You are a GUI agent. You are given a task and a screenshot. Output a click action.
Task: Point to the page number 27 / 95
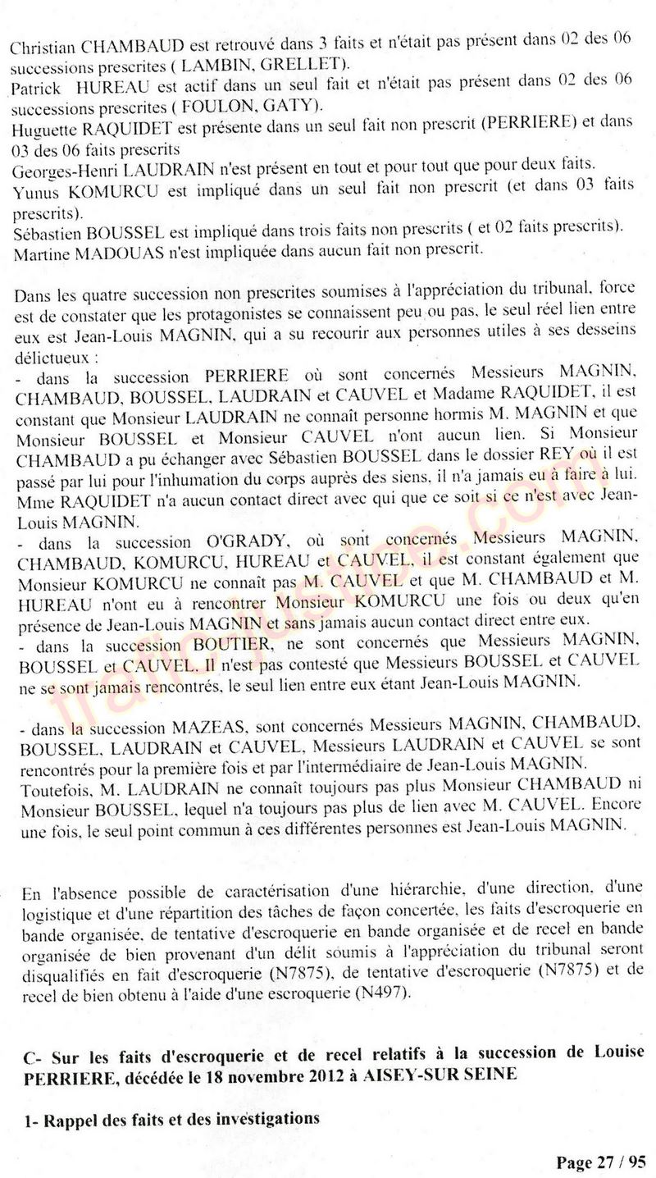pyautogui.click(x=620, y=1162)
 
